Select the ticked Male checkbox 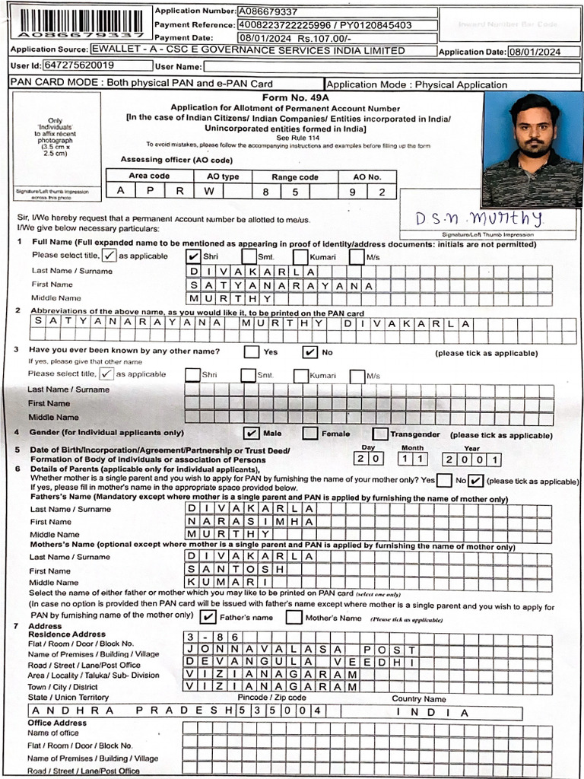point(251,433)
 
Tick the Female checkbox point(310,433)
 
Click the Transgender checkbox point(380,433)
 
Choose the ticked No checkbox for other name point(309,352)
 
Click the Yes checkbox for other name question point(251,352)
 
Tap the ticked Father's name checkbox point(209,617)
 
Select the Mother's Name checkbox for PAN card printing point(294,617)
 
